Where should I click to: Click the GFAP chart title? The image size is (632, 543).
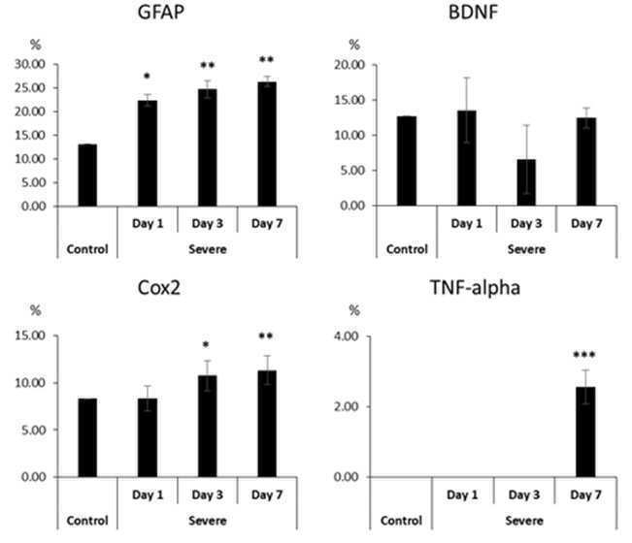(x=161, y=12)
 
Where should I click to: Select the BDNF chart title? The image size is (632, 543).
(x=473, y=12)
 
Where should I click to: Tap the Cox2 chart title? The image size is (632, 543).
(x=159, y=288)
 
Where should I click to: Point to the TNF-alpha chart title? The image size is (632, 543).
(x=475, y=288)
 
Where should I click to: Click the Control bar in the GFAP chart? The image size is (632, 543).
(x=87, y=176)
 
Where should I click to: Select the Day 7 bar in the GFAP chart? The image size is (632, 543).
(x=267, y=144)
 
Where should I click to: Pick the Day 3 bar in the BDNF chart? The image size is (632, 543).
(x=526, y=182)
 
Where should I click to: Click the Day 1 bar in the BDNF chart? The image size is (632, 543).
(x=467, y=158)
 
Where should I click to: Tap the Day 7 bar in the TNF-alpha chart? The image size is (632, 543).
(x=585, y=431)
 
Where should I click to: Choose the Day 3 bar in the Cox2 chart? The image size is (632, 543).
(x=208, y=427)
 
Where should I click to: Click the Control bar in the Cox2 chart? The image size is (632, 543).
(x=87, y=438)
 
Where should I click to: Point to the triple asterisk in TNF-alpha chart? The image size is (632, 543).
(x=584, y=355)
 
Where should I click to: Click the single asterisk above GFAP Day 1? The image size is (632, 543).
(x=148, y=76)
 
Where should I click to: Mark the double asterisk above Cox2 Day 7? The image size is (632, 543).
(x=266, y=335)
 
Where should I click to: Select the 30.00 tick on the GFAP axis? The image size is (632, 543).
(x=30, y=64)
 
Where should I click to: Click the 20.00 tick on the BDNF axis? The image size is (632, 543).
(x=349, y=65)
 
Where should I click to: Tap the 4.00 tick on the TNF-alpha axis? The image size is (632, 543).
(x=347, y=336)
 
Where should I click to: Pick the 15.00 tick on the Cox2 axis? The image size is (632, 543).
(x=30, y=335)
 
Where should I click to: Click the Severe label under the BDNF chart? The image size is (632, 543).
(x=526, y=249)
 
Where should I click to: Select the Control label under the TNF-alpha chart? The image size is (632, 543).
(x=401, y=521)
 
